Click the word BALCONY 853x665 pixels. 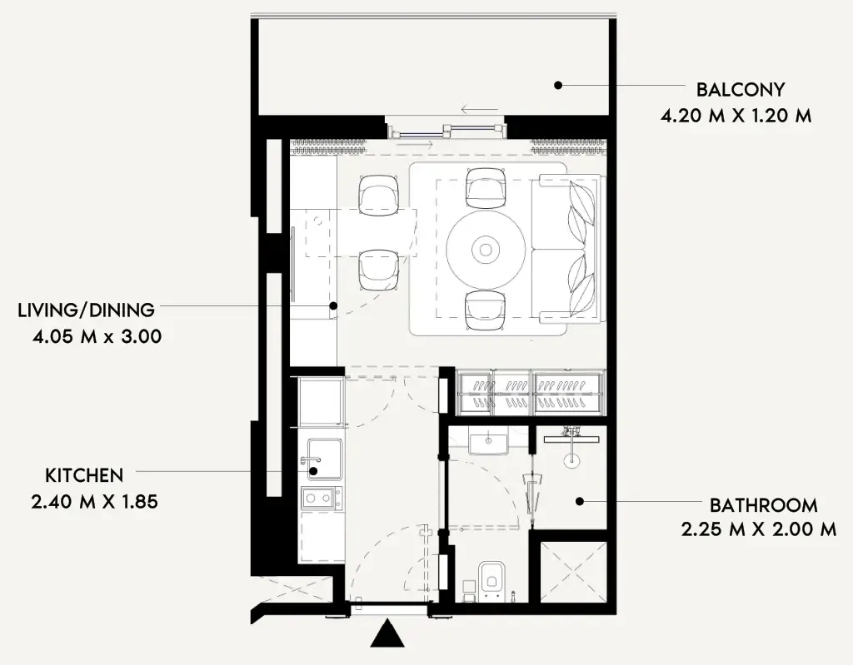pyautogui.click(x=741, y=89)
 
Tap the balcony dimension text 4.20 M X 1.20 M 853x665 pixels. pyautogui.click(x=736, y=116)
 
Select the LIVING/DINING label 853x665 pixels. pyautogui.click(x=87, y=310)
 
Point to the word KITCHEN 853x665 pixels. pyautogui.click(x=84, y=475)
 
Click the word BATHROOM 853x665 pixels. pyautogui.click(x=763, y=505)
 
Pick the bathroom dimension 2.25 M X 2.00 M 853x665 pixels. pyautogui.click(x=758, y=529)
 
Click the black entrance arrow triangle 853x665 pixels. pyautogui.click(x=387, y=633)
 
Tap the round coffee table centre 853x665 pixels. pyautogui.click(x=486, y=250)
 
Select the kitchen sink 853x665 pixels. pyautogui.click(x=325, y=459)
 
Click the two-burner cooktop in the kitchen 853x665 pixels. pyautogui.click(x=322, y=498)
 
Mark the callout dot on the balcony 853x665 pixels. pyautogui.click(x=557, y=85)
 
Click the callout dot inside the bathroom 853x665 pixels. pyautogui.click(x=580, y=501)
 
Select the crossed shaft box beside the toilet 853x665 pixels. pyautogui.click(x=571, y=571)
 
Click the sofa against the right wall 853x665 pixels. pyautogui.click(x=566, y=249)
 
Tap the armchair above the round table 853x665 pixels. pyautogui.click(x=486, y=188)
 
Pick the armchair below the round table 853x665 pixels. pyautogui.click(x=486, y=310)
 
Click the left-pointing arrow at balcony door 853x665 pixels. pyautogui.click(x=479, y=110)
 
